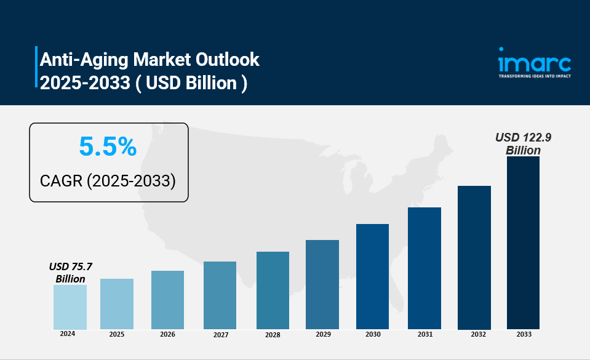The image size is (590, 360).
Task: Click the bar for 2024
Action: coord(70,306)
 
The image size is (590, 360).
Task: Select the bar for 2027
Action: coord(220,295)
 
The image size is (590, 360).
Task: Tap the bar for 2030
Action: coord(372,276)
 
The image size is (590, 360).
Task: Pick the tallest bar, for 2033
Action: coord(523,242)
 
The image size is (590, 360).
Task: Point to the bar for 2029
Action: coord(322,284)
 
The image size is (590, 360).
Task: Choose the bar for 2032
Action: coord(474,257)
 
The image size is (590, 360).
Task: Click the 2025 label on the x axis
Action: coord(117,334)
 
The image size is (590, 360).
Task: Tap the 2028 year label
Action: coord(273,335)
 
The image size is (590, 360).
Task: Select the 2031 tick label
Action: coord(425,334)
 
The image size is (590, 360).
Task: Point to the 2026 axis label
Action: coord(167,334)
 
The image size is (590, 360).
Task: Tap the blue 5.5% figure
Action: coord(107,146)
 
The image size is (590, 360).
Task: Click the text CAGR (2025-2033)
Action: coord(108,180)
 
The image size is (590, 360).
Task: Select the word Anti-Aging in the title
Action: coord(81,60)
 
